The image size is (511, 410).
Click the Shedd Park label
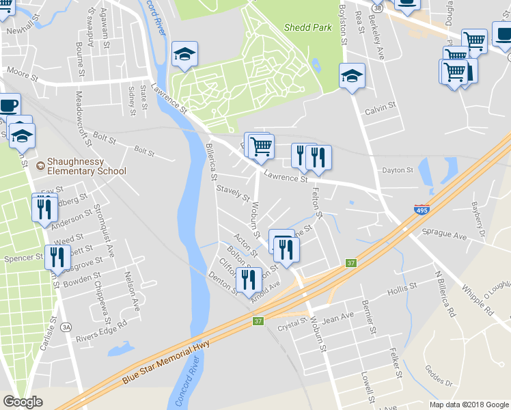(307, 28)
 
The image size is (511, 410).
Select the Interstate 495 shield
(421, 210)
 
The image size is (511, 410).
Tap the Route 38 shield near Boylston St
(376, 6)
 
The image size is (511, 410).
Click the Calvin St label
(380, 109)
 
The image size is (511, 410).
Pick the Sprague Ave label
(443, 234)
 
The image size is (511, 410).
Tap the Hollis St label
(402, 290)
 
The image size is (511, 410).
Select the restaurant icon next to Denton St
(248, 278)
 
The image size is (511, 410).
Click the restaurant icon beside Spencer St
(57, 256)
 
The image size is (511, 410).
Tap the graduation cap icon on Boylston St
(352, 75)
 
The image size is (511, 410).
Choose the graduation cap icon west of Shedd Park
(184, 55)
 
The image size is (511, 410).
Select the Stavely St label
(233, 193)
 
